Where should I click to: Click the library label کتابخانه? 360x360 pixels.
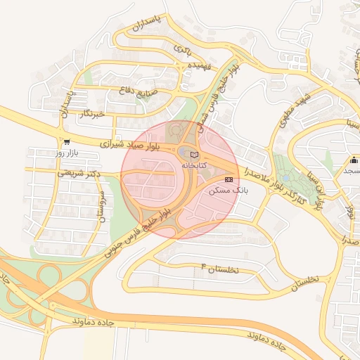[194, 165]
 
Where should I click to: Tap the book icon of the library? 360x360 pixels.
[195, 154]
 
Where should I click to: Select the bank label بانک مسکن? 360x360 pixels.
[229, 191]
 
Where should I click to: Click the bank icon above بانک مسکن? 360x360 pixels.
[229, 181]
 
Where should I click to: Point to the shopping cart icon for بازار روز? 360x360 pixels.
[66, 141]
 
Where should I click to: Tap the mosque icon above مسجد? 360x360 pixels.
[354, 159]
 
